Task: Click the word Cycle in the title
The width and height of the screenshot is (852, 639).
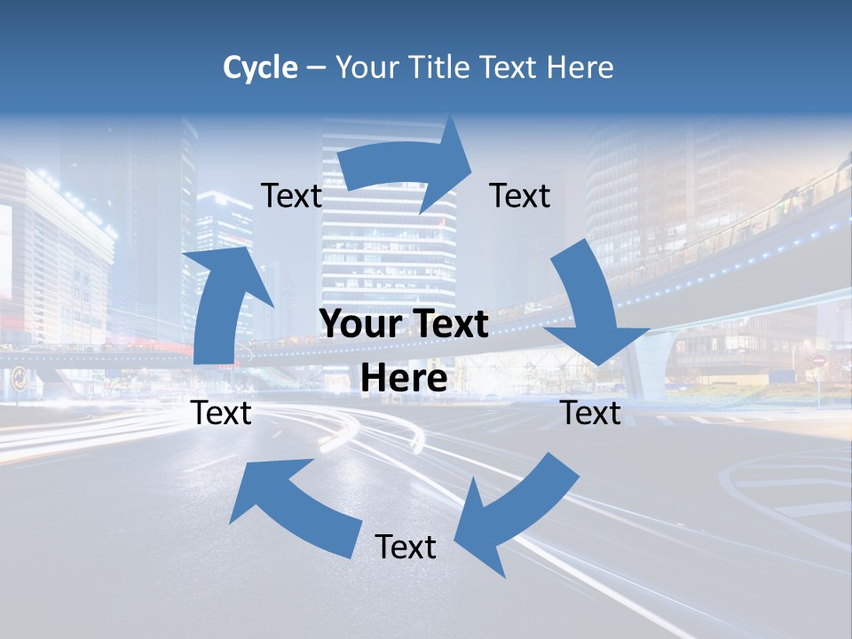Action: (260, 67)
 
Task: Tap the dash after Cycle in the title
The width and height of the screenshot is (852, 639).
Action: (316, 68)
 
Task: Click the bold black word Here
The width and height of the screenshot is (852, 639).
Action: (404, 379)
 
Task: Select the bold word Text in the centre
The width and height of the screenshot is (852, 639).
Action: (446, 325)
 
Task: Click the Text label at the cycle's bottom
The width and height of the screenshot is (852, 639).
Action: (405, 547)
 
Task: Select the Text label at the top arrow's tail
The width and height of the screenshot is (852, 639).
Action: (291, 195)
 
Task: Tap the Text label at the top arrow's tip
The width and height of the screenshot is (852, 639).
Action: (520, 195)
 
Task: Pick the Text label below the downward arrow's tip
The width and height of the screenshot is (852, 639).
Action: (591, 413)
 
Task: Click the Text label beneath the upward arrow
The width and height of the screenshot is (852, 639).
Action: (221, 413)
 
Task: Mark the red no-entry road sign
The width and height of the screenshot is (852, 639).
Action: (819, 362)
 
